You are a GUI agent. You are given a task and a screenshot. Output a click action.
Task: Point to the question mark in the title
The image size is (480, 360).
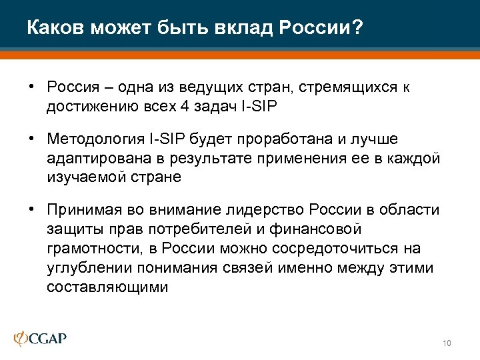359,29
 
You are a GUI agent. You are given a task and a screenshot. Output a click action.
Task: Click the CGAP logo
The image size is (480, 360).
41,339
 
